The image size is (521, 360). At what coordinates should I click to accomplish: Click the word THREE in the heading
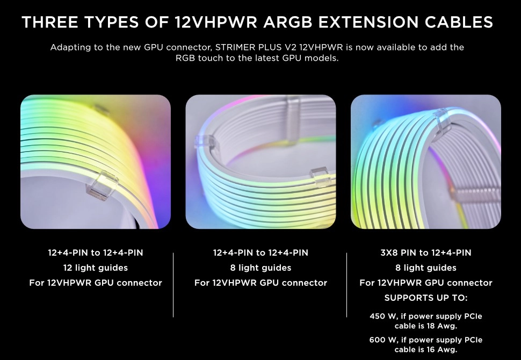[50, 22]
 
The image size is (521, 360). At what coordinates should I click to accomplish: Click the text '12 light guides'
[96, 268]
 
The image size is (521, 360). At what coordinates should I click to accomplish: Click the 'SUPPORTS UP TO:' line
[425, 298]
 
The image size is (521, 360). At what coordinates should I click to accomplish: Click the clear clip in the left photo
[102, 185]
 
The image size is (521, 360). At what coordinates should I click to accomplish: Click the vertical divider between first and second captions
[173, 285]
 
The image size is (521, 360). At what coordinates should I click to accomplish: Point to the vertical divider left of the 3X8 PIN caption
[346, 285]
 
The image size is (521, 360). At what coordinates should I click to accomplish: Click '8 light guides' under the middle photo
[260, 268]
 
